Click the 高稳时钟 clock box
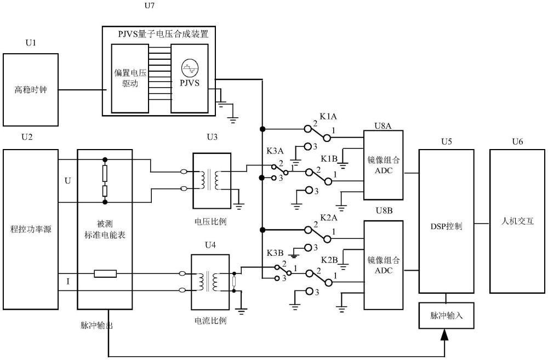pyautogui.click(x=31, y=90)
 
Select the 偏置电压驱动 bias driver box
pyautogui.click(x=130, y=78)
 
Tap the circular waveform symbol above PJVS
pyautogui.click(x=190, y=68)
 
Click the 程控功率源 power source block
pyautogui.click(x=31, y=229)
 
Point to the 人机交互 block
pyautogui.click(x=517, y=221)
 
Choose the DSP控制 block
pyautogui.click(x=446, y=221)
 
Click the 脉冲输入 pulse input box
pyautogui.click(x=446, y=316)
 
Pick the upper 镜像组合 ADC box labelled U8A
pyautogui.click(x=384, y=165)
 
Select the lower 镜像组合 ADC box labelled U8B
pyautogui.click(x=384, y=265)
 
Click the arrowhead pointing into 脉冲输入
pyautogui.click(x=444, y=334)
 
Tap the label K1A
pyautogui.click(x=328, y=117)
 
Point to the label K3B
pyautogui.click(x=275, y=253)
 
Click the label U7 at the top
pyautogui.click(x=149, y=5)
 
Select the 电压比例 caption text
pyautogui.click(x=210, y=221)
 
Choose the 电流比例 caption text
pyautogui.click(x=210, y=320)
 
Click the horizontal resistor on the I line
pyautogui.click(x=105, y=273)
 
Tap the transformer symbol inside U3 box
pyautogui.click(x=209, y=180)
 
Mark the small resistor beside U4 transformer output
pyautogui.click(x=234, y=282)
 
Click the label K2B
pyautogui.click(x=329, y=260)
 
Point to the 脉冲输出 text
pyautogui.click(x=96, y=325)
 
